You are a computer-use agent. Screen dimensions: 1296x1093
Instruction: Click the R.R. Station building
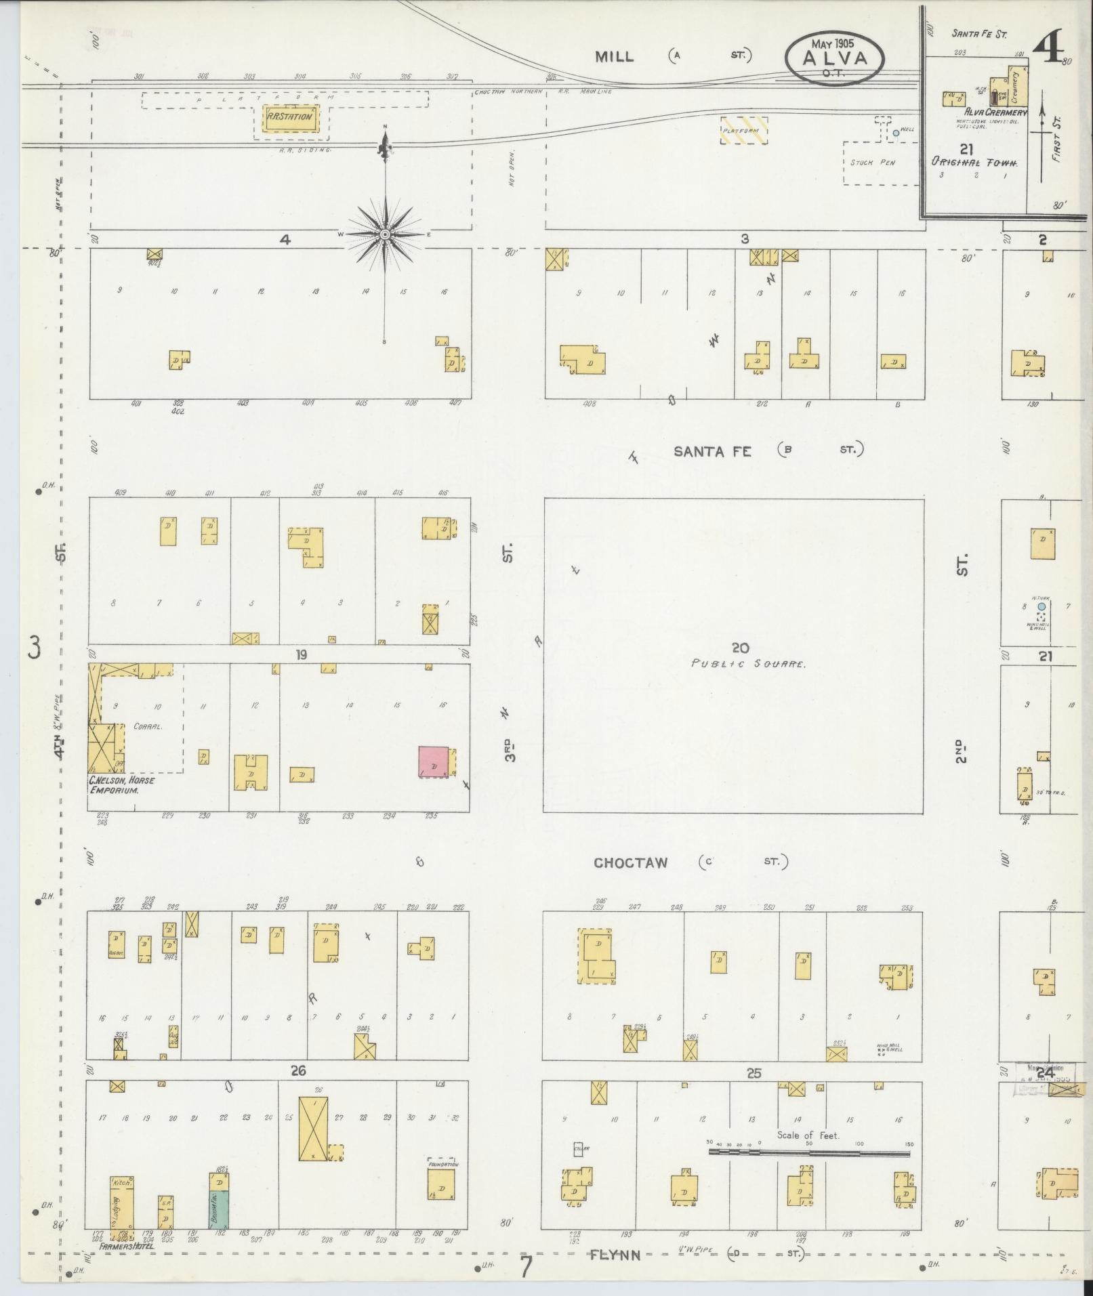coord(290,117)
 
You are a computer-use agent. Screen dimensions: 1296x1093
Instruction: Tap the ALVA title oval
coord(835,58)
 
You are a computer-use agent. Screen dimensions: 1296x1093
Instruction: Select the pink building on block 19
coord(433,761)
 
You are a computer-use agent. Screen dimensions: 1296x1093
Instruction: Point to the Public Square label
coord(747,664)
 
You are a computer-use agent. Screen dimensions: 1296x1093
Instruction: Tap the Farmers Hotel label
coord(127,1245)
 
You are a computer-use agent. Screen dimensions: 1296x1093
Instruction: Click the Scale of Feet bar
coord(810,1152)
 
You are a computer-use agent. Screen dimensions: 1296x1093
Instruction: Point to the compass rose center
coord(385,234)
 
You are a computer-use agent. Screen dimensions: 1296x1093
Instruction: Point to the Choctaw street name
coord(630,863)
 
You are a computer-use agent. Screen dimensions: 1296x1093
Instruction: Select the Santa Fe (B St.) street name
coord(712,451)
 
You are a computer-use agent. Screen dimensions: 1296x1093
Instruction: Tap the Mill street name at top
coord(614,57)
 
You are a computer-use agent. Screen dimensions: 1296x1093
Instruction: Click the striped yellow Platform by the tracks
coord(743,130)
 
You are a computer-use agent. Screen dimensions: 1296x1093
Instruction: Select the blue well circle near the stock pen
coord(895,133)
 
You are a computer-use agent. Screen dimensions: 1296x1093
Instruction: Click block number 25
coord(754,1073)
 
